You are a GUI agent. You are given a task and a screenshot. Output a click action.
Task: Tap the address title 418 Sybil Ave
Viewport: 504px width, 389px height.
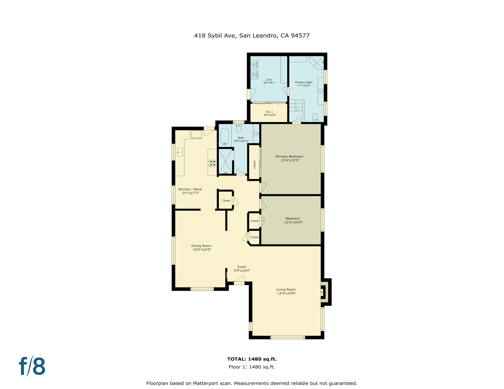[x=252, y=35]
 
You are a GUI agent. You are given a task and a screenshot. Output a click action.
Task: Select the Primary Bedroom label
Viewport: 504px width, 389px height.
[x=289, y=157]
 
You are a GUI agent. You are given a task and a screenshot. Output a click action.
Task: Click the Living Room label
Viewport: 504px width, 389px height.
[x=286, y=289]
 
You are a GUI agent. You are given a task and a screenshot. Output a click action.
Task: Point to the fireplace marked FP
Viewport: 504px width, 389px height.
[x=322, y=292]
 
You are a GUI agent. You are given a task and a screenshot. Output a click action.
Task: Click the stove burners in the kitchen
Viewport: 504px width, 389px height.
[x=212, y=163]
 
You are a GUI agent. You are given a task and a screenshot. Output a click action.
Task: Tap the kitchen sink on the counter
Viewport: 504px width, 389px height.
[x=180, y=152]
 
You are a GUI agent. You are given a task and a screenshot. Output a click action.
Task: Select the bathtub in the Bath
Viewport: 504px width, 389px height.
[x=225, y=136]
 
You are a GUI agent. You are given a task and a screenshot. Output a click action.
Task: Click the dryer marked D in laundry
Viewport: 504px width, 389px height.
[x=254, y=65]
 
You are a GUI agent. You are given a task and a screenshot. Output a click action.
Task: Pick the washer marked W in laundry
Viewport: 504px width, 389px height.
[x=254, y=75]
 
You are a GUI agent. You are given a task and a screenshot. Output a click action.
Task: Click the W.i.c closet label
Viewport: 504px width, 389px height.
[x=269, y=112]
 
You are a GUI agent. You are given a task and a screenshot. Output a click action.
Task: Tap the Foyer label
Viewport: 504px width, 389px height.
[x=242, y=267]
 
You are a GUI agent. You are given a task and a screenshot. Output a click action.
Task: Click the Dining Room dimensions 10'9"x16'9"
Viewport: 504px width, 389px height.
[x=202, y=250]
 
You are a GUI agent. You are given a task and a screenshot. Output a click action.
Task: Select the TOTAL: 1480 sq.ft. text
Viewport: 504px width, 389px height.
[x=252, y=359]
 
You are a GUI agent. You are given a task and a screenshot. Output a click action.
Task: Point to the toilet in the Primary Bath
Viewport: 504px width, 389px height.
[x=315, y=118]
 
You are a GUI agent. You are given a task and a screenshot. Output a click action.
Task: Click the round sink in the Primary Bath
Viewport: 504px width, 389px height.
[x=321, y=91]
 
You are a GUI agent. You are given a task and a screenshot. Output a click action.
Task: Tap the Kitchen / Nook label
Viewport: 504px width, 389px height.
[x=190, y=189]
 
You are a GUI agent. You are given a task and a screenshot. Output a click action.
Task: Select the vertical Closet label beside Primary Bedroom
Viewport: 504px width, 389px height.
[x=254, y=164]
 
